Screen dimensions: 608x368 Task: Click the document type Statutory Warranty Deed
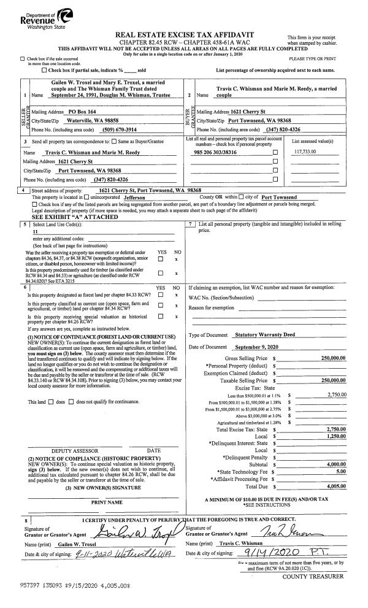click(264, 334)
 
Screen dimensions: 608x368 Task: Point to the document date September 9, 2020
click(262, 348)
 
